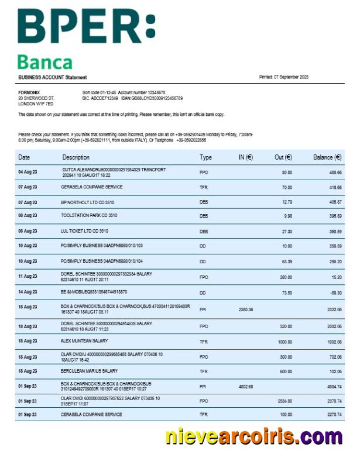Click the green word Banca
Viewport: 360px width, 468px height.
44,62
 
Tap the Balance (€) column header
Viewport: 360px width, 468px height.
327,157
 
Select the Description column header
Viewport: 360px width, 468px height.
76,157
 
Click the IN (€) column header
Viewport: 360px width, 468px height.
245,157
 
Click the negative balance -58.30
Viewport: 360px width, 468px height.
335,291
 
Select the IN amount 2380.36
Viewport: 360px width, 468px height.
246,309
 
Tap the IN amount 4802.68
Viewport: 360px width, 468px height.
246,386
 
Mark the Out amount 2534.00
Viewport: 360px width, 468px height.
284,401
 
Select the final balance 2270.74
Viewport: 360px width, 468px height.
334,415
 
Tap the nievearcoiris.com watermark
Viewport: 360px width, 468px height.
253,436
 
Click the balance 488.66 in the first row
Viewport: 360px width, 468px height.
335,173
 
